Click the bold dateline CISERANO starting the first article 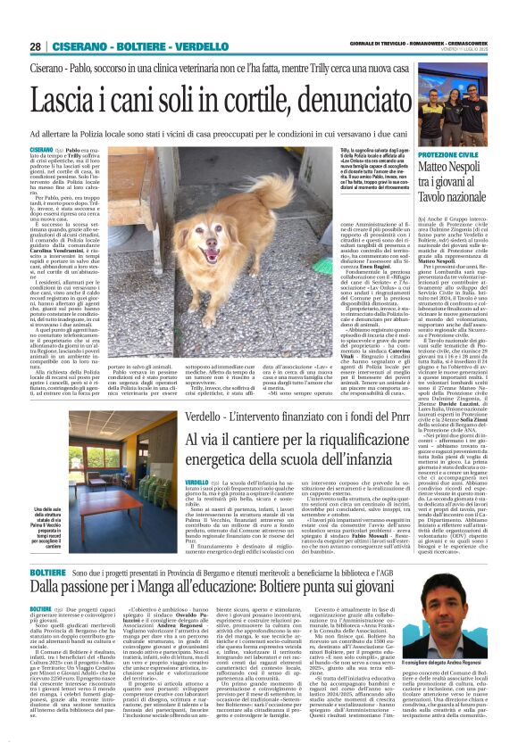point(42,149)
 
